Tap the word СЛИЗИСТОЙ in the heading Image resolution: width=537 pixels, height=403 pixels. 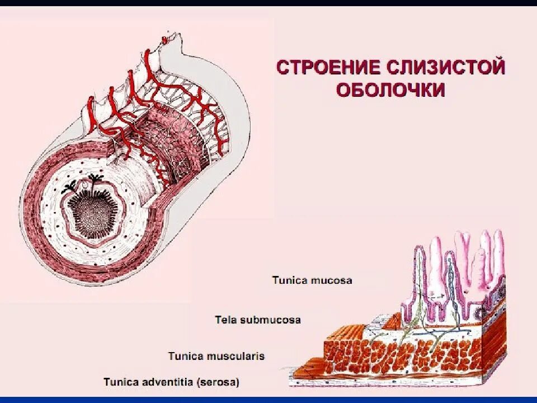pos(446,68)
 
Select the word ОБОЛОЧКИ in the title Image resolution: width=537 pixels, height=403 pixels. pos(390,90)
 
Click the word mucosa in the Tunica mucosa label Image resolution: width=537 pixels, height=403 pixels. pos(332,280)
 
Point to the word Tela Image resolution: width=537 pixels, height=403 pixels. pos(225,320)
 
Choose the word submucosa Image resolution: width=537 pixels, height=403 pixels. pos(270,320)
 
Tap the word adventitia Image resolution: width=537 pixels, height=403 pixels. pos(165,382)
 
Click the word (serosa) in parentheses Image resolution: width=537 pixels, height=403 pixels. pos(218,382)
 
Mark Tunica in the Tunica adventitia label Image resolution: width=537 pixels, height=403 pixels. pos(120,382)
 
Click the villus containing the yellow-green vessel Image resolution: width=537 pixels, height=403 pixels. pos(418,274)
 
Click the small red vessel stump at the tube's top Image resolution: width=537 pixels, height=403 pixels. pos(166,40)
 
